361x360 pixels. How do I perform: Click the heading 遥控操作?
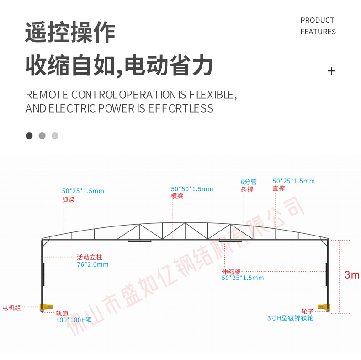pos(70,32)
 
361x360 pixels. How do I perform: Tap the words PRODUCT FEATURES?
pos(318,26)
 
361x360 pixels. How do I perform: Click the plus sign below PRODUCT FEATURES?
pos(331,71)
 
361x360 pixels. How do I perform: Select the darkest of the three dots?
pos(29,135)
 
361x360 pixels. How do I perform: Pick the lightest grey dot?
pos(55,135)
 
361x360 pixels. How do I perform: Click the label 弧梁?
pos(69,199)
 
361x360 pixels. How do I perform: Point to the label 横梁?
pos(177,196)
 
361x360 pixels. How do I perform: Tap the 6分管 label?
pos(249,182)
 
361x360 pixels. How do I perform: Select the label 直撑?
pos(279,188)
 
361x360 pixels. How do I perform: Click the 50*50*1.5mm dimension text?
pos(192,189)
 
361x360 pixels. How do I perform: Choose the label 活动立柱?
pos(89,257)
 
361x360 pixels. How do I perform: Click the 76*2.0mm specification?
pos(93,264)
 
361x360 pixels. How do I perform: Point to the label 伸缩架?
pos(231,272)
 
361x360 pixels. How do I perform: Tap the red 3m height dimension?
pos(352,275)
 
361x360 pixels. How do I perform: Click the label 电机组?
pos(11,307)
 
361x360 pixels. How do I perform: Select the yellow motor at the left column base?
pos(47,307)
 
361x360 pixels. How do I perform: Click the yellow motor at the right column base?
pos(324,307)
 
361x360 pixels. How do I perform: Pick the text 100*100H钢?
pos(74,320)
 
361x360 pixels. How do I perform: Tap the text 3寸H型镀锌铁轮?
pos(290,318)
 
